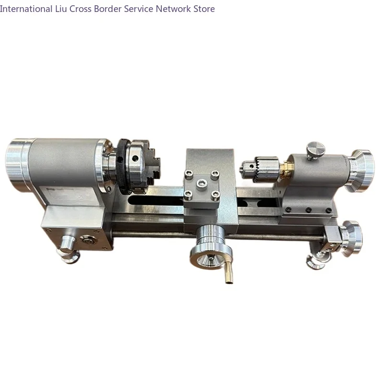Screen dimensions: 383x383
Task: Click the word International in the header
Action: [26, 9]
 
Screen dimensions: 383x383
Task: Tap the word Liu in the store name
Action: [61, 9]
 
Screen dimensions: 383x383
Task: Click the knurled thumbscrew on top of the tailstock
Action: [315, 149]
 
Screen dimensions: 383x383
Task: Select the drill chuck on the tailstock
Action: [261, 169]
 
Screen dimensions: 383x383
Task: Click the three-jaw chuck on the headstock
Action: [143, 166]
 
